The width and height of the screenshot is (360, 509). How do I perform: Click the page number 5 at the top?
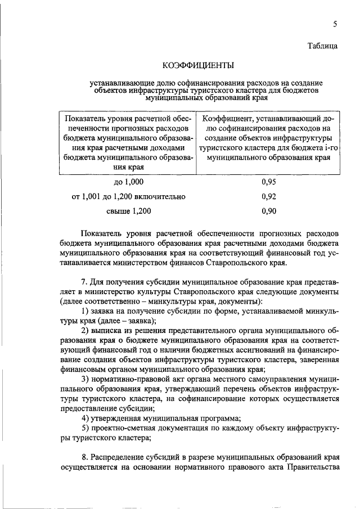coord(335,24)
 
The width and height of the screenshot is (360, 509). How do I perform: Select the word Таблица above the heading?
coord(322,47)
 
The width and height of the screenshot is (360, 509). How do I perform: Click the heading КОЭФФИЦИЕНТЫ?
coord(198,66)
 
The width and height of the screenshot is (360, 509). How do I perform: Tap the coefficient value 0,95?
coord(269,182)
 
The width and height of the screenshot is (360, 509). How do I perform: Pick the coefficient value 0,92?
coord(269,197)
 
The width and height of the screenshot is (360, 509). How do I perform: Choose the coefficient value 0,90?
coord(269,211)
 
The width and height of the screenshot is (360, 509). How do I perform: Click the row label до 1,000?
coord(129,182)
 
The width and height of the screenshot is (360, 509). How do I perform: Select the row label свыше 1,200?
coord(129,211)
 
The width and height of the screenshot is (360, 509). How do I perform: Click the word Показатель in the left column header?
coord(85,119)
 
